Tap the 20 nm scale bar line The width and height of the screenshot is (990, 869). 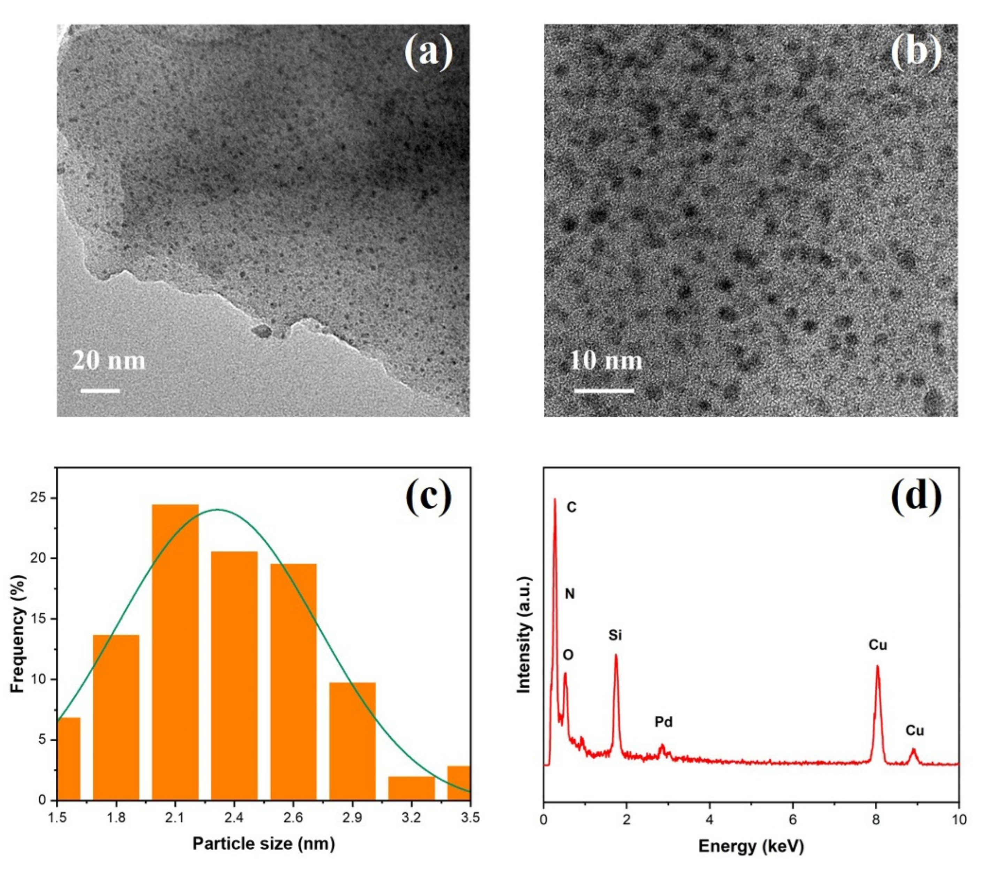coord(100,390)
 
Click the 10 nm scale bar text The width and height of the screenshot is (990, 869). coord(605,361)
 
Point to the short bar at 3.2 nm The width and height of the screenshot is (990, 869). coord(412,788)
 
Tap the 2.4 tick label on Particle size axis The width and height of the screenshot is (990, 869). coord(234,818)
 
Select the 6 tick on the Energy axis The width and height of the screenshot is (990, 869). coord(793,819)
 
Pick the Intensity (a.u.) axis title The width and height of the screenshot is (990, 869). coord(524,635)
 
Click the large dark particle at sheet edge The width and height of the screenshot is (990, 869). coord(262,331)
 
